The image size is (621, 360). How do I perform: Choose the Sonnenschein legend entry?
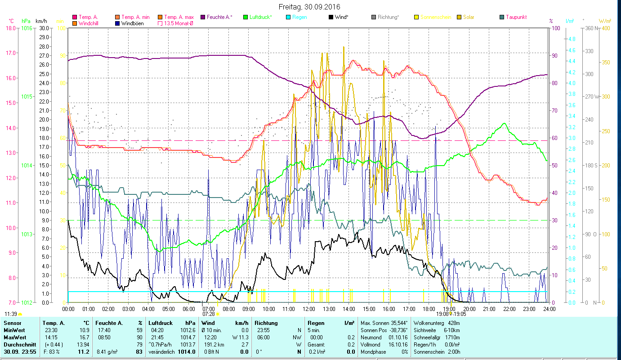pos(436,17)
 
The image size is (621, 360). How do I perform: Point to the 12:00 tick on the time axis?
pos(309,309)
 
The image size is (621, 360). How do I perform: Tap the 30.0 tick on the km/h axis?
pos(44,28)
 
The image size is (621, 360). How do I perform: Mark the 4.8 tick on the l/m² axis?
pos(572,39)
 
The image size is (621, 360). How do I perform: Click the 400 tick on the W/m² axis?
pos(606,28)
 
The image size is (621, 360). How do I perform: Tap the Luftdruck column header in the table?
pos(161,323)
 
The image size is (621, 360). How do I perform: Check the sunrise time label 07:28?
pos(209,314)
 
